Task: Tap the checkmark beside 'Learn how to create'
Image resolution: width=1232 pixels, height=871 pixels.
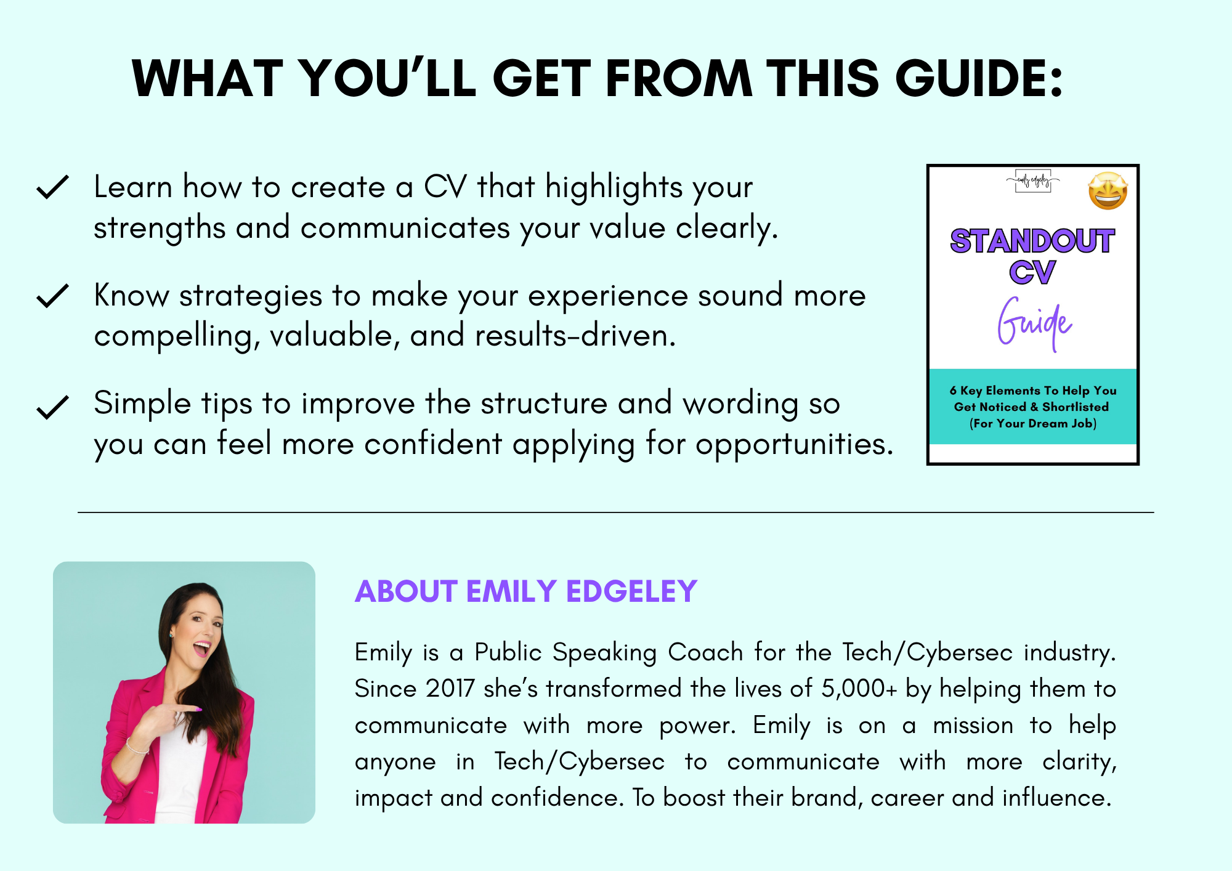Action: (52, 187)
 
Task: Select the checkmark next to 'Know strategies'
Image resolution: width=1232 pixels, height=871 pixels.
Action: (52, 296)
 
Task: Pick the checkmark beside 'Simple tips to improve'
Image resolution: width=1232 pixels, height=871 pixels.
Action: (52, 407)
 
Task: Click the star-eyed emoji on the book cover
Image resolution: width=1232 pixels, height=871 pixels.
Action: (1108, 191)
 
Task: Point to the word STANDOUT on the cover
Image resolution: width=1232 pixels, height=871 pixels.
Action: (1032, 241)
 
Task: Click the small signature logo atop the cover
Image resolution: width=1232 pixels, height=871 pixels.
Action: (1033, 181)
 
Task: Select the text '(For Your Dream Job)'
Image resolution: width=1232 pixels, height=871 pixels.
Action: (1033, 423)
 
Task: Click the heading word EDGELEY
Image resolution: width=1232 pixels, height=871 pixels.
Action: (631, 591)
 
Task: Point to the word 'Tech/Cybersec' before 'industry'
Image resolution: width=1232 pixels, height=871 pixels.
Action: (928, 652)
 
